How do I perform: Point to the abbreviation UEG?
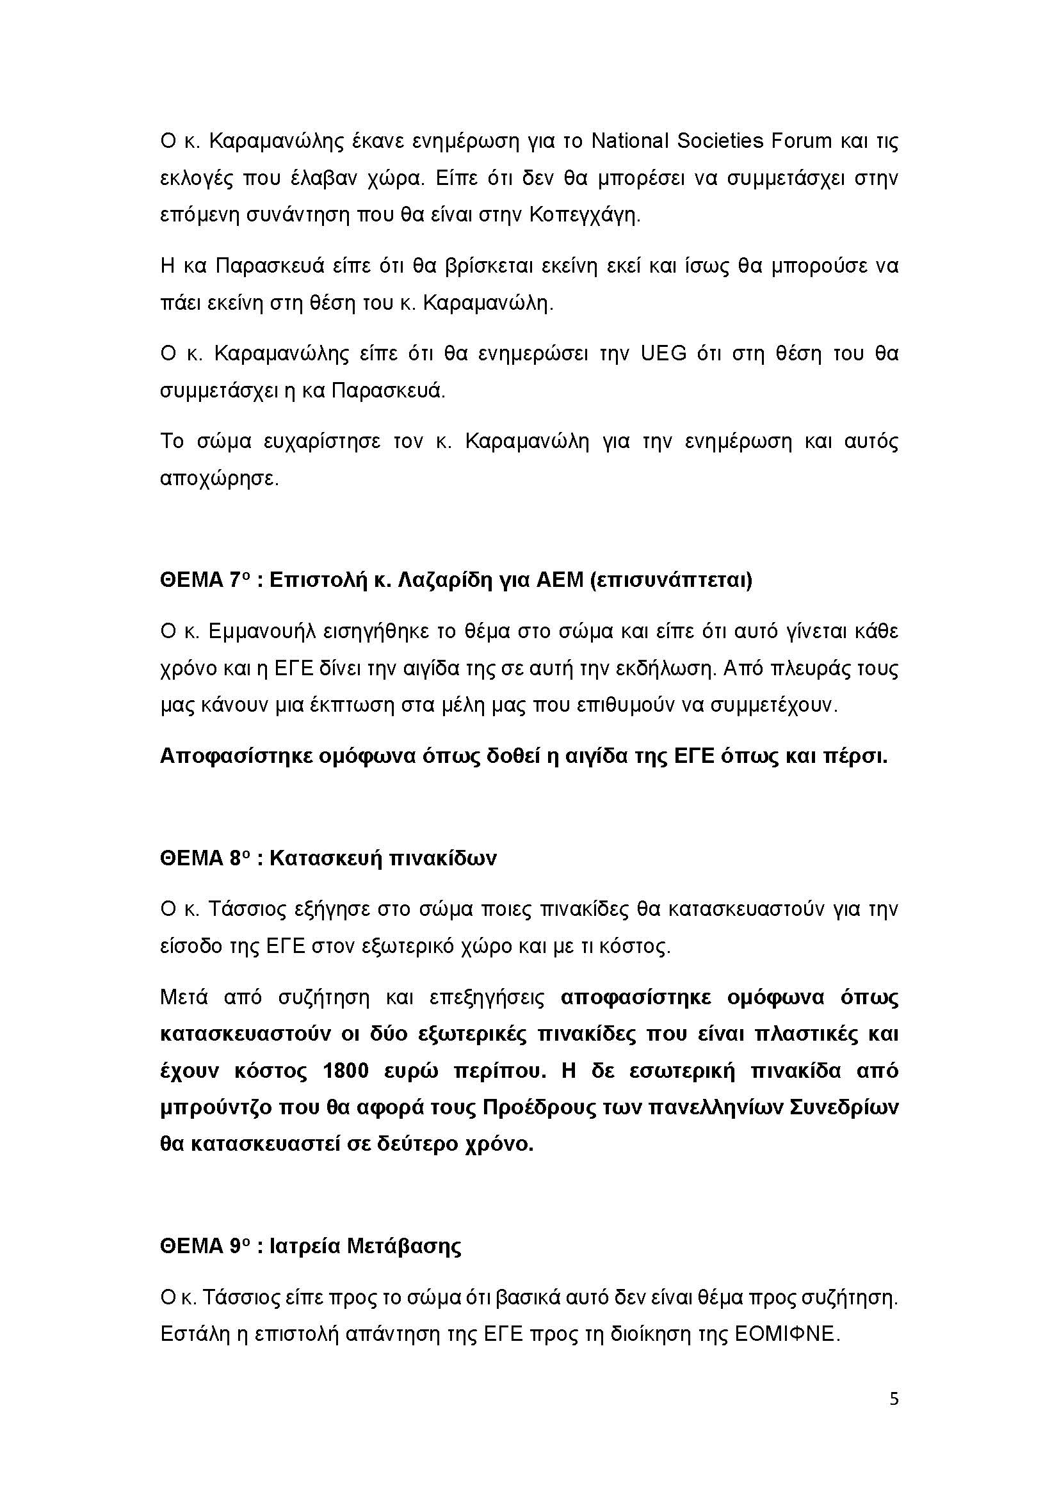point(664,354)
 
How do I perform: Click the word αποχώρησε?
point(219,479)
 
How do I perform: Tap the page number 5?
point(894,1416)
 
